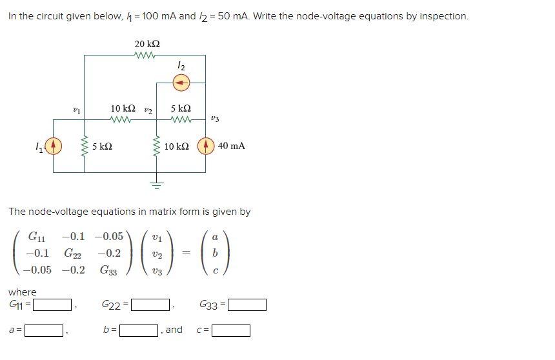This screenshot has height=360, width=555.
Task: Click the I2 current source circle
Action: pyautogui.click(x=181, y=82)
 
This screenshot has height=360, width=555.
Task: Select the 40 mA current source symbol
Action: pyautogui.click(x=206, y=146)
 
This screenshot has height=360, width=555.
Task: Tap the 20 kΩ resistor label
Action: pyautogui.click(x=147, y=43)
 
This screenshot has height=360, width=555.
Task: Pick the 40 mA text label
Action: pyautogui.click(x=232, y=146)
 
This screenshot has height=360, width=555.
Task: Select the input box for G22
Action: pyautogui.click(x=150, y=304)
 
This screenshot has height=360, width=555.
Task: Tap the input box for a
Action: pyautogui.click(x=44, y=331)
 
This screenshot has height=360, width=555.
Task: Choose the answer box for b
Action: pyautogui.click(x=140, y=331)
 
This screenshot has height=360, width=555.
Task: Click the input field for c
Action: pyautogui.click(x=231, y=331)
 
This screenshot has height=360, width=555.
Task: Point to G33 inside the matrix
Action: pyautogui.click(x=108, y=270)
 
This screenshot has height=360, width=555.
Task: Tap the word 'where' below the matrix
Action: pyautogui.click(x=23, y=292)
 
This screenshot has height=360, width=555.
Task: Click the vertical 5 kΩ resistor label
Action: pyautogui.click(x=102, y=146)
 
